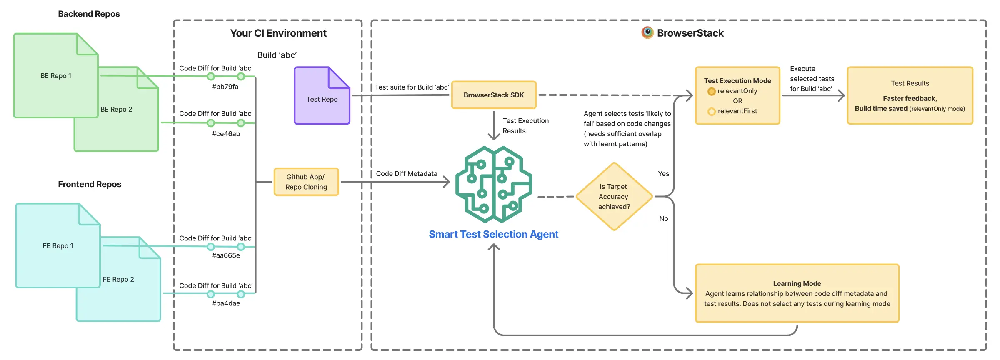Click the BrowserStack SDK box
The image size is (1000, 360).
(x=494, y=95)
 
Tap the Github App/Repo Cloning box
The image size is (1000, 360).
(x=306, y=182)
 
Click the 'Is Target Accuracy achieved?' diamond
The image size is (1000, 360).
(x=614, y=196)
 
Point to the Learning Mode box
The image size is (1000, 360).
(x=797, y=293)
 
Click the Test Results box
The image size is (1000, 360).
(x=910, y=96)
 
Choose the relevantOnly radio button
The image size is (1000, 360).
(x=712, y=91)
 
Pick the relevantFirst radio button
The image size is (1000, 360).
(x=712, y=111)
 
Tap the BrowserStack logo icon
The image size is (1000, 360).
(x=647, y=32)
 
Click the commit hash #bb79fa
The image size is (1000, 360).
(x=225, y=87)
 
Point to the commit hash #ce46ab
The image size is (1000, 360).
(x=226, y=134)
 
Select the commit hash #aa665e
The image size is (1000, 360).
(x=226, y=255)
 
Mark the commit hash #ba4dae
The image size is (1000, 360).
(x=226, y=303)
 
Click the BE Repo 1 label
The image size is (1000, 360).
(x=56, y=76)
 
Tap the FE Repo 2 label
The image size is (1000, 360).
(x=118, y=279)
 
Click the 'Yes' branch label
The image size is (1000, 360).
(x=664, y=174)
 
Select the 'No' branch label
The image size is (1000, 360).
(x=664, y=218)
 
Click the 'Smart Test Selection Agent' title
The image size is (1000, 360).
(x=494, y=234)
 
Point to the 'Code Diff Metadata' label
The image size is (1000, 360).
(x=407, y=174)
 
